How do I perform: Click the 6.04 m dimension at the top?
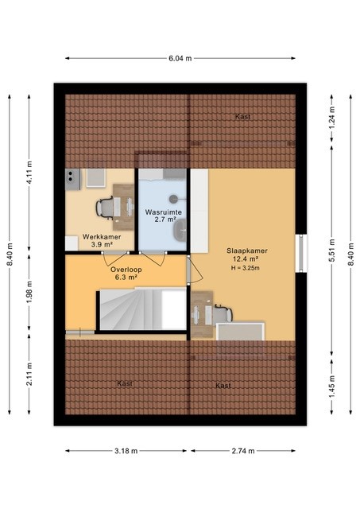[x=180, y=58]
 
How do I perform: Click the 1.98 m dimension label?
[x=28, y=293]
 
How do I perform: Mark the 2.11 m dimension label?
[x=28, y=374]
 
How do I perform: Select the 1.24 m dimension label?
[x=332, y=119]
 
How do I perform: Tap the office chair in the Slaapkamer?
[x=222, y=313]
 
